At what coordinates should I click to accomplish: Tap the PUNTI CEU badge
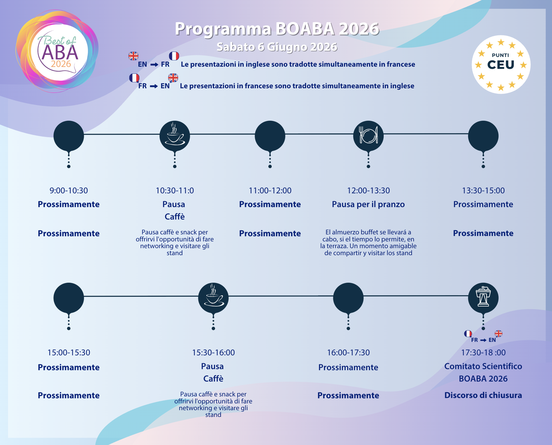point(501,65)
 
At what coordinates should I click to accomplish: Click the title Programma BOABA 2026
point(277,29)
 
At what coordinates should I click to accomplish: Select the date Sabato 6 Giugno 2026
point(277,47)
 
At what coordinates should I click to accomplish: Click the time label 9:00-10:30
point(69,191)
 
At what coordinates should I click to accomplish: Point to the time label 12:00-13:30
point(368,191)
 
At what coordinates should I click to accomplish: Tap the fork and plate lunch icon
point(368,136)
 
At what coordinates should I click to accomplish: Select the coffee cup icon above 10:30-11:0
point(175,136)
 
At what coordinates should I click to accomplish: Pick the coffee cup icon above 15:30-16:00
point(213,298)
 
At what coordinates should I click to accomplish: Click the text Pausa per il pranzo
point(368,204)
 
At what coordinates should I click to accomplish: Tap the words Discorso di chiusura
point(483,395)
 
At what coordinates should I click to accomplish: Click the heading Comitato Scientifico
point(483,366)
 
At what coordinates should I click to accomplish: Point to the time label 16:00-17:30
point(348,353)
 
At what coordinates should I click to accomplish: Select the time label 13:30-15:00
point(483,191)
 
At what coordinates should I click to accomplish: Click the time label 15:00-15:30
point(69,353)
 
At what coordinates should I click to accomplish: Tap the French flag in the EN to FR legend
point(174,56)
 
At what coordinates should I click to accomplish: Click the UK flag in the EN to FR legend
point(133,56)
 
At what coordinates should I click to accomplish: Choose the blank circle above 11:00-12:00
point(270,136)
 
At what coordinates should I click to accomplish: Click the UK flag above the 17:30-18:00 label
point(498,333)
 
